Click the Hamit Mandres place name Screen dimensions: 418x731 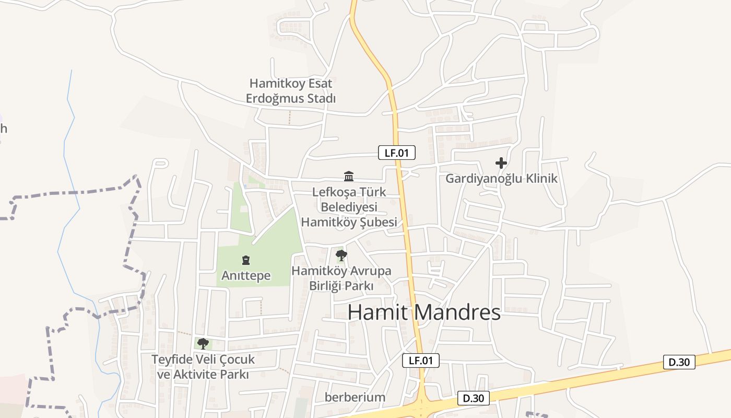(x=424, y=312)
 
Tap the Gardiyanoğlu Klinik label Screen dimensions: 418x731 (x=501, y=179)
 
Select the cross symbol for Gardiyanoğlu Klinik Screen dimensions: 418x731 (x=501, y=163)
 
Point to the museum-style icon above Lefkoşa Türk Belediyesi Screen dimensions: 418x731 (x=349, y=176)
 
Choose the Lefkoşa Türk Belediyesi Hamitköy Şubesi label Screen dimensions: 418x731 (x=349, y=207)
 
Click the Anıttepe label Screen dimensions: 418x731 (x=246, y=275)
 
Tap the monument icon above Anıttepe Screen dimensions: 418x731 (x=245, y=260)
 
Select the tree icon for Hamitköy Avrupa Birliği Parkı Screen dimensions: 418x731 (x=341, y=256)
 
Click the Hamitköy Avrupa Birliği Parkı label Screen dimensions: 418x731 (x=341, y=278)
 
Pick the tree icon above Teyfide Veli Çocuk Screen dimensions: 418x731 (x=203, y=343)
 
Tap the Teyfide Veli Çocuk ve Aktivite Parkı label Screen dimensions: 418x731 (x=203, y=367)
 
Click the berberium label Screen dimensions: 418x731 (x=355, y=397)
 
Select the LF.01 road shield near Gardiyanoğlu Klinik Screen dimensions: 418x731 (x=397, y=153)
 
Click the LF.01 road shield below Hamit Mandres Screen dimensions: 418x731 (x=421, y=360)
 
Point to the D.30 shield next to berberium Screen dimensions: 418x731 (x=474, y=398)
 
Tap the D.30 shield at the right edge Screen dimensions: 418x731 (x=679, y=362)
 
